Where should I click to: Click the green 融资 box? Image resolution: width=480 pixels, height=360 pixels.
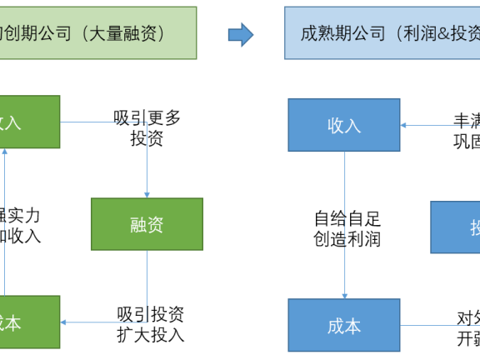(147, 223)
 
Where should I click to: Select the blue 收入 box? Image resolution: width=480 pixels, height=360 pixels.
(344, 125)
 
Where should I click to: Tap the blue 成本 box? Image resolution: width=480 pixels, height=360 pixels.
(344, 325)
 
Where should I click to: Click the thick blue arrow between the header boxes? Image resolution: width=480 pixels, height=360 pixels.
(241, 34)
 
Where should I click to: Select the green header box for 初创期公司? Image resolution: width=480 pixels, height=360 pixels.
(98, 33)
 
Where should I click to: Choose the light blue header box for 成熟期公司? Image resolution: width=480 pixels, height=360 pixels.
(382, 33)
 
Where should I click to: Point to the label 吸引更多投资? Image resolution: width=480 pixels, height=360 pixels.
(147, 128)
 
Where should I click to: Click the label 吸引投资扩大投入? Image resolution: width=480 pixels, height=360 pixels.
(150, 325)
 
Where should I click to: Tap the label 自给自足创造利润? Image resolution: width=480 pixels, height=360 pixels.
(347, 229)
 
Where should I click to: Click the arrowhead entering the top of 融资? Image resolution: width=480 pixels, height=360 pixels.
(147, 194)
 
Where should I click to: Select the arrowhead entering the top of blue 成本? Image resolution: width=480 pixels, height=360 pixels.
(344, 294)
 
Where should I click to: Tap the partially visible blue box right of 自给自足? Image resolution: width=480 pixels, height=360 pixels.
(455, 227)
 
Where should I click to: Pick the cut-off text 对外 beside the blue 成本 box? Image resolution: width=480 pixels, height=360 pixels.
(467, 317)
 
